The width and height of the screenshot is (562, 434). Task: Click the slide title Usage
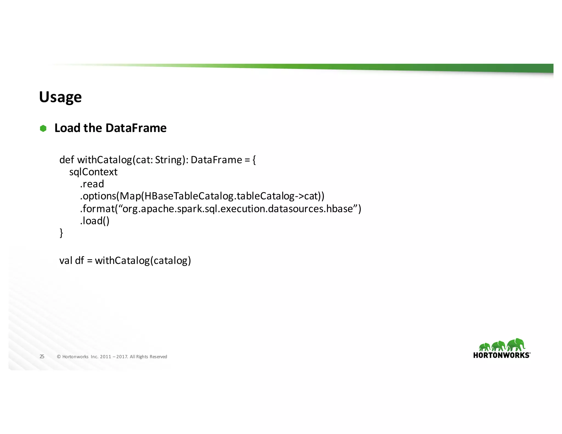[x=60, y=97]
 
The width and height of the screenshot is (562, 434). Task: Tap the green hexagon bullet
[x=43, y=128]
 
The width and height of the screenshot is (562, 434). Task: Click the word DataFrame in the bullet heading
[x=136, y=128]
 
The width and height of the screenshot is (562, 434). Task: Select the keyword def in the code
[x=66, y=160]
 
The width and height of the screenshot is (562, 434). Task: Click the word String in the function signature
[x=167, y=160]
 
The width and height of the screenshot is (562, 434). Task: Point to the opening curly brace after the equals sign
[x=254, y=160]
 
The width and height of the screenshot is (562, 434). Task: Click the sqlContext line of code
[x=93, y=172]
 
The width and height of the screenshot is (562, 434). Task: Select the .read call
[x=92, y=184]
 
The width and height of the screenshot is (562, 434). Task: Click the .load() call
[x=95, y=221]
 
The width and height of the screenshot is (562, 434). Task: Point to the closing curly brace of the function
[x=61, y=233]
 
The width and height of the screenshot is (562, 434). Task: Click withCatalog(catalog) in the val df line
[x=143, y=261]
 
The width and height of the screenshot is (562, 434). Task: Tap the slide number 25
[x=42, y=357]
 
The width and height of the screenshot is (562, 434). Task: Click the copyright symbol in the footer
[x=59, y=357]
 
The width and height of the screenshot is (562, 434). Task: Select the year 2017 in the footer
[x=122, y=357]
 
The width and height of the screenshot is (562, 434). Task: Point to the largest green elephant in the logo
[x=516, y=345]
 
